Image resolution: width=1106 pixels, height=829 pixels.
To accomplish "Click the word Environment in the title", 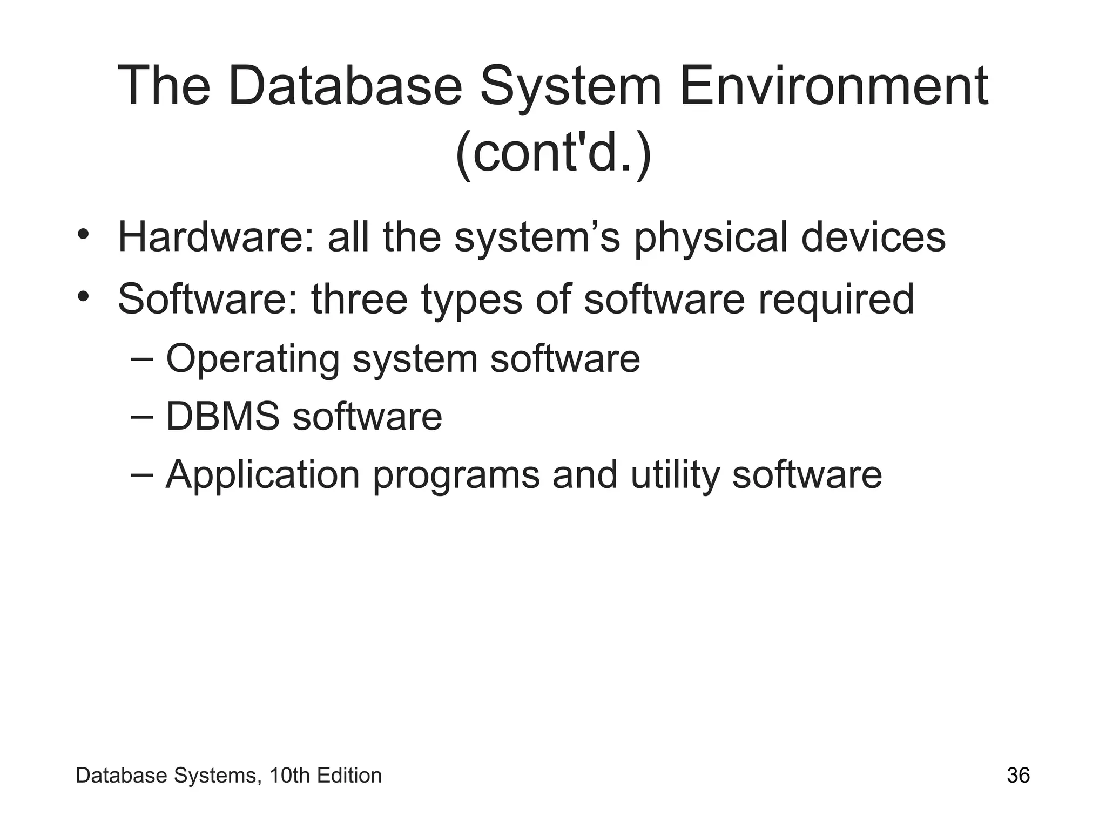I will click(x=834, y=86).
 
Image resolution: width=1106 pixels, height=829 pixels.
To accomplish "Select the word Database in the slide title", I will click(x=345, y=86).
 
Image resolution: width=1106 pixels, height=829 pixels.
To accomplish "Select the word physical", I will click(x=710, y=237).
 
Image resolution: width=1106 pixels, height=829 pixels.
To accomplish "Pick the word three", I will click(x=359, y=300).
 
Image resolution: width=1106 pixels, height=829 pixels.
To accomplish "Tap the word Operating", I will click(x=252, y=359).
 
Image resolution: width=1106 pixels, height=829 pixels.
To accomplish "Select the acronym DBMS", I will click(x=222, y=417).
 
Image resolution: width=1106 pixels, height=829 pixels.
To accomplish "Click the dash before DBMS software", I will click(x=141, y=417).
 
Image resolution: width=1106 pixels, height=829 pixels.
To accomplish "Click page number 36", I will click(x=1018, y=776).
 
